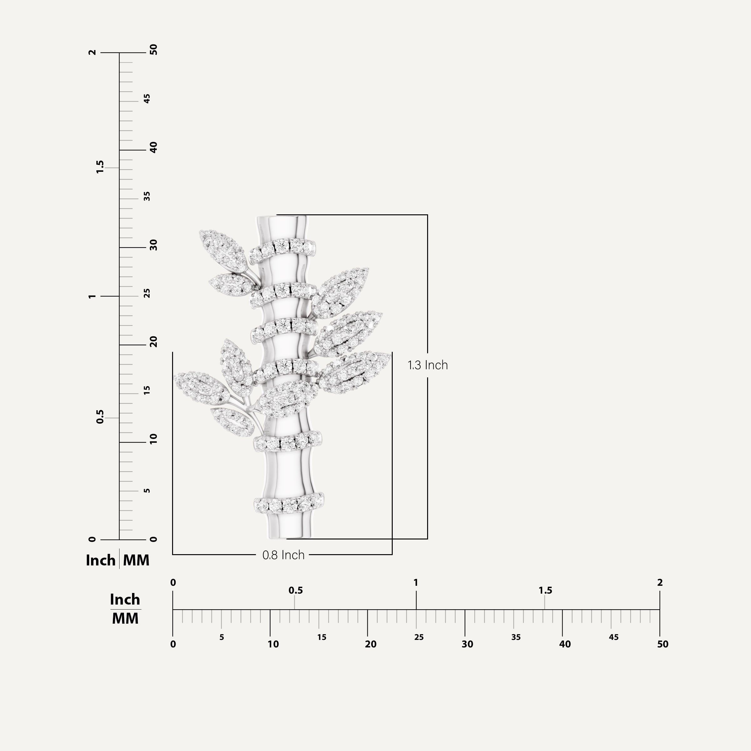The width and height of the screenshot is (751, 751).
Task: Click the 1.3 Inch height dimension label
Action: pyautogui.click(x=427, y=365)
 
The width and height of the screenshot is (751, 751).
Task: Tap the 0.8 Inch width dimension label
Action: pyautogui.click(x=284, y=555)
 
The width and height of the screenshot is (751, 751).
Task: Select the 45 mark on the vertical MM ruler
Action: pyautogui.click(x=147, y=99)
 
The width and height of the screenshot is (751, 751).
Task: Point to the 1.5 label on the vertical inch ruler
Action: pyautogui.click(x=100, y=167)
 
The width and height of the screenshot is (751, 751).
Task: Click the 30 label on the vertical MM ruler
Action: pyautogui.click(x=154, y=245)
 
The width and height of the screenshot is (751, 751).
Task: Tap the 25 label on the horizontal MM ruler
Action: pyautogui.click(x=419, y=637)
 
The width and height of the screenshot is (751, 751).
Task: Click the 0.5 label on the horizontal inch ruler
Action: pyautogui.click(x=295, y=590)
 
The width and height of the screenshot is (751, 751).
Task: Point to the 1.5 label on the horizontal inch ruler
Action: pyautogui.click(x=545, y=590)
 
